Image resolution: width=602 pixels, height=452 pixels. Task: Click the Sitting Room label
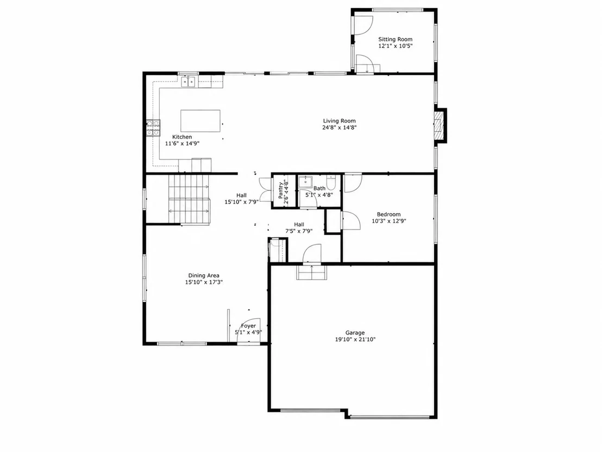[x=395, y=39]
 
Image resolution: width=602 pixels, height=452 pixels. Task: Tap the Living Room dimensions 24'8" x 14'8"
[x=340, y=128]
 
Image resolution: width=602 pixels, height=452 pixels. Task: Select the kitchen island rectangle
[x=200, y=121]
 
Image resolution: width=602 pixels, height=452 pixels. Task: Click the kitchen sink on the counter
[x=188, y=82]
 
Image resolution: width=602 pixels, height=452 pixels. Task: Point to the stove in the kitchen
[x=153, y=128]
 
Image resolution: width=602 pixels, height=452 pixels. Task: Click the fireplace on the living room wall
[x=440, y=126]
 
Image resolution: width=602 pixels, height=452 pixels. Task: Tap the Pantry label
[x=281, y=190]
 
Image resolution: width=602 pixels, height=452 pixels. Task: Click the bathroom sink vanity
[x=305, y=182]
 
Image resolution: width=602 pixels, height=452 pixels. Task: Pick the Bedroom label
[x=388, y=214]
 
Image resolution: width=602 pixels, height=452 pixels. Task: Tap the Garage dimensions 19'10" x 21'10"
[x=355, y=339]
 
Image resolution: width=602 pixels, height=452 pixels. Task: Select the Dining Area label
[x=204, y=276]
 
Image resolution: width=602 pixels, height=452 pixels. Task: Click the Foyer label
[x=248, y=326]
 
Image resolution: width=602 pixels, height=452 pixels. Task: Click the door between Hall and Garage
[x=312, y=253]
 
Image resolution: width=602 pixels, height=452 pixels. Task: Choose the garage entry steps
[x=312, y=272]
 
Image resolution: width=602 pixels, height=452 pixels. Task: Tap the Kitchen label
[x=182, y=137]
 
